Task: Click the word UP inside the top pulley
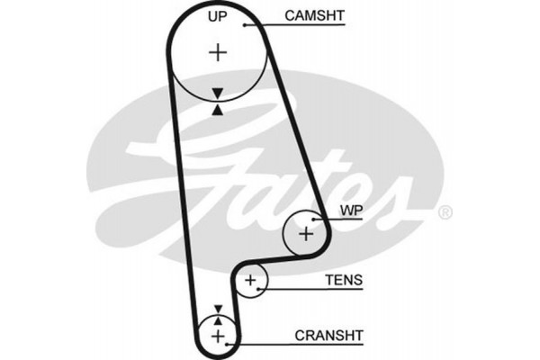pyautogui.click(x=217, y=16)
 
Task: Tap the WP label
pyautogui.click(x=350, y=213)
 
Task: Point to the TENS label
pyautogui.click(x=344, y=281)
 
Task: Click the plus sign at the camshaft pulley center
pyautogui.click(x=218, y=52)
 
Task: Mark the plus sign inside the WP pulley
pyautogui.click(x=306, y=234)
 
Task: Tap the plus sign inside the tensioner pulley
pyautogui.click(x=251, y=283)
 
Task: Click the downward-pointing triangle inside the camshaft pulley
pyautogui.click(x=217, y=93)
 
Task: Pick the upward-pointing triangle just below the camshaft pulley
pyautogui.click(x=217, y=109)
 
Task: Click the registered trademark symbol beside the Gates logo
pyautogui.click(x=445, y=213)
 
